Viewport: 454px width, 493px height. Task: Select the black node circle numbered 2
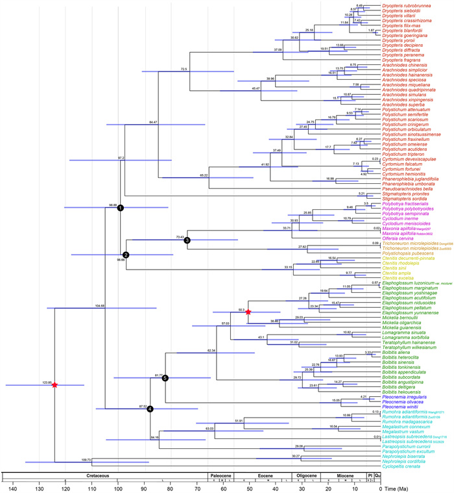click(126, 255)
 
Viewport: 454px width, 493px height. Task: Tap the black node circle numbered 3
click(187, 240)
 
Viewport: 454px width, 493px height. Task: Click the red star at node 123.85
click(55, 385)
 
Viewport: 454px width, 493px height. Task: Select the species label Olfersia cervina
click(400, 238)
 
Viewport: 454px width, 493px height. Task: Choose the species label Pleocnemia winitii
click(402, 406)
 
